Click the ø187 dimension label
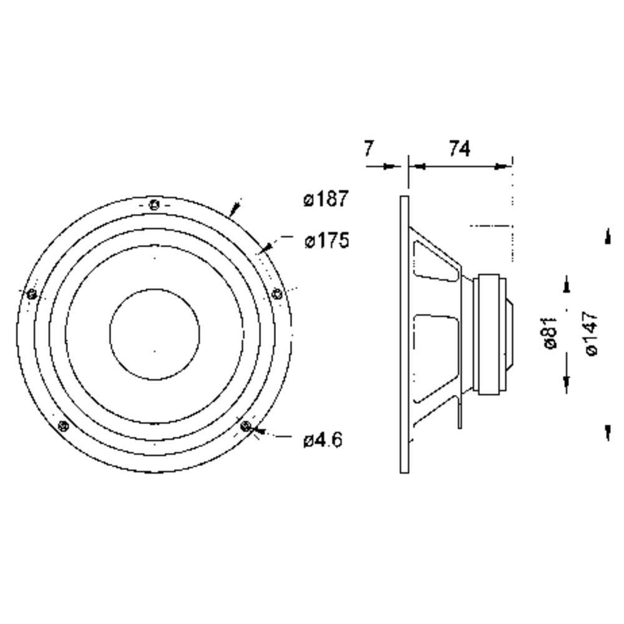tap(325, 199)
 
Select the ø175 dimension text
tap(326, 240)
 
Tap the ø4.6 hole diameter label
tap(323, 440)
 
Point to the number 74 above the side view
tap(459, 149)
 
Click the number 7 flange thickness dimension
tap(368, 149)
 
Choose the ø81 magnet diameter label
tap(550, 333)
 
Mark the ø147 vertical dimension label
tap(592, 333)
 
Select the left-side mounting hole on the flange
tap(32, 294)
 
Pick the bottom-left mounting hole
tap(62, 426)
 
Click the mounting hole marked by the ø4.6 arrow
tap(246, 426)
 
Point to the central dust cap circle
tap(154, 333)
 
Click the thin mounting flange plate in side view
tap(404, 334)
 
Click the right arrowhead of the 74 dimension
tap(503, 167)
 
